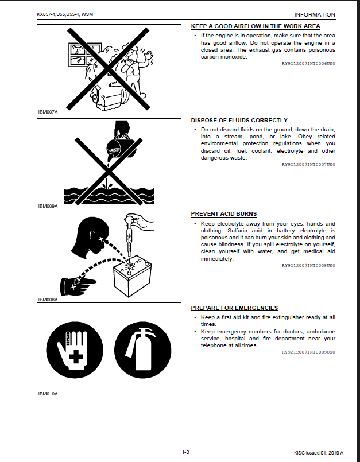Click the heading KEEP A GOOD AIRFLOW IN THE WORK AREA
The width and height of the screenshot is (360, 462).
pos(256,26)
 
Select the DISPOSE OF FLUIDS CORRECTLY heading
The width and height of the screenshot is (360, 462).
pos(239,120)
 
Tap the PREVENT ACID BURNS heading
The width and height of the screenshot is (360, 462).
pos(224,214)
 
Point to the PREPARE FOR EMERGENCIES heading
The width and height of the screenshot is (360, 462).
pos(234,308)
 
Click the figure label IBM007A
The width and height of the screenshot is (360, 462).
pos(48,112)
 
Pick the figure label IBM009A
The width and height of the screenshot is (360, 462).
pos(48,206)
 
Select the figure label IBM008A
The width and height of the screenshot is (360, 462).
pos(48,300)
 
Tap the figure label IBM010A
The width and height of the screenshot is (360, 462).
pos(48,394)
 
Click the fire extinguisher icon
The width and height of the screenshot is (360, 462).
pos(143,350)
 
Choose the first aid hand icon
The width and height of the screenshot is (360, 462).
pos(75,350)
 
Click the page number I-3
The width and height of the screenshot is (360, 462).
pos(186,452)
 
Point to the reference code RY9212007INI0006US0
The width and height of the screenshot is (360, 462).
pos(308,63)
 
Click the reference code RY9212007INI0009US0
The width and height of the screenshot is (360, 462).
pos(308,352)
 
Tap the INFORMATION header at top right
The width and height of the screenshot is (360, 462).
pos(315,15)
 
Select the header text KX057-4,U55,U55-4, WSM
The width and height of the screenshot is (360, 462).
pos(65,14)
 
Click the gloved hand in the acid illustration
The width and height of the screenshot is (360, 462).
pos(78,285)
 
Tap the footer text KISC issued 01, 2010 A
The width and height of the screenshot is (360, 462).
pos(319,453)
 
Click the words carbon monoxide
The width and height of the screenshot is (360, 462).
pos(224,57)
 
